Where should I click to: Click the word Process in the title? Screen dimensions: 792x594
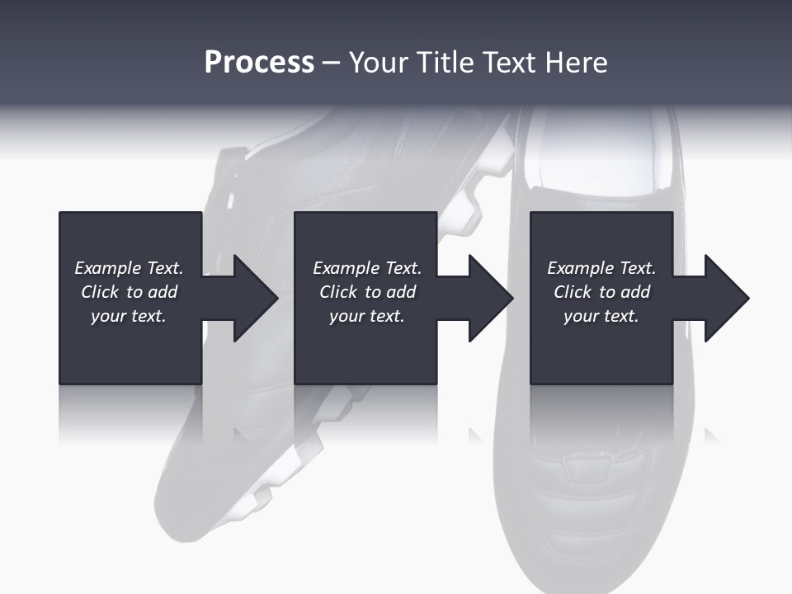(259, 64)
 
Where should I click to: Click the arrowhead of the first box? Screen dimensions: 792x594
(256, 298)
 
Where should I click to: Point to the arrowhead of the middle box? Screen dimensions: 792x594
(491, 298)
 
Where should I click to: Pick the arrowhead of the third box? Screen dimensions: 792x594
(727, 298)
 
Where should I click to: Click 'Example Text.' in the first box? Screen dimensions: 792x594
(129, 268)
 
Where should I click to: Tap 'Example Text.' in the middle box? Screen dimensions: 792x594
(367, 268)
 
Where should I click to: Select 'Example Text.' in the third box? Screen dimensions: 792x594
(601, 268)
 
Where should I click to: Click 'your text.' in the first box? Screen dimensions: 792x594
(129, 316)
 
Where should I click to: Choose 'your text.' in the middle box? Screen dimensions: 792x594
(366, 316)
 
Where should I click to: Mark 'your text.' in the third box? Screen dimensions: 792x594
(601, 316)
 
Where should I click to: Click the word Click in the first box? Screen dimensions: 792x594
(100, 291)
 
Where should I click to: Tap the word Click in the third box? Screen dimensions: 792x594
(573, 291)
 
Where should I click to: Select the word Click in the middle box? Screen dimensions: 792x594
(338, 291)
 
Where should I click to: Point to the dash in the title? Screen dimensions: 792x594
(332, 64)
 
